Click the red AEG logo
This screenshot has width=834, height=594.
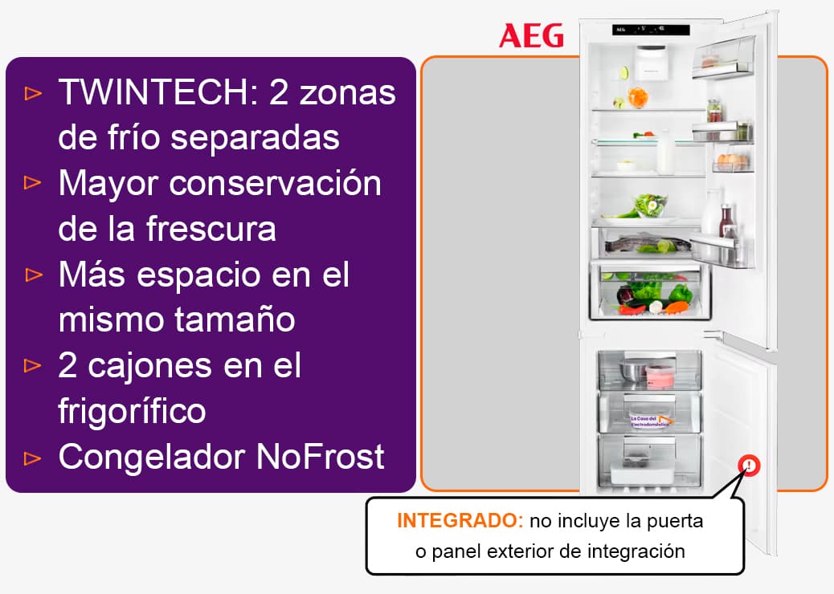click(x=531, y=36)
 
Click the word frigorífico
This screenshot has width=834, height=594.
click(x=132, y=411)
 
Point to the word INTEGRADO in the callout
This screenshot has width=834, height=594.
click(x=460, y=520)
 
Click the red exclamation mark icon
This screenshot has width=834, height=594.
click(x=749, y=466)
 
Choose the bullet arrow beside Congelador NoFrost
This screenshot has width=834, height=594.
click(x=33, y=458)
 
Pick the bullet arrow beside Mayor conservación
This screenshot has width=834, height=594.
click(x=33, y=183)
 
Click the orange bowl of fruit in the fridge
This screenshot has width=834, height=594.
click(x=638, y=97)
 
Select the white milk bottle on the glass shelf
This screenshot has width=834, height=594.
click(x=665, y=153)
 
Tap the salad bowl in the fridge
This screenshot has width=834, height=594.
click(x=649, y=205)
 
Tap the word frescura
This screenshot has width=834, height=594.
click(x=211, y=229)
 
